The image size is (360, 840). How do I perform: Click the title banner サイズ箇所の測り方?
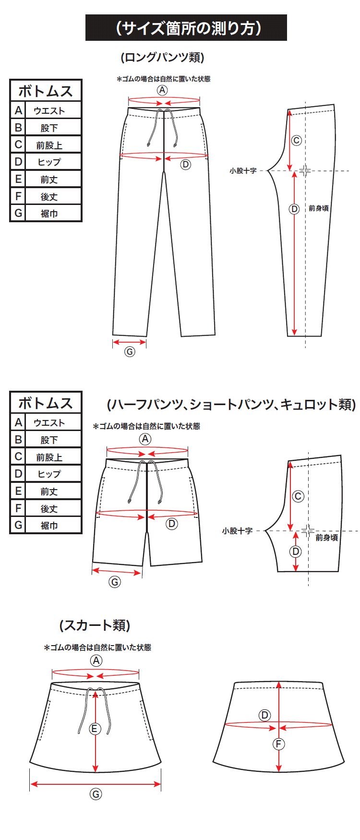click(x=186, y=28)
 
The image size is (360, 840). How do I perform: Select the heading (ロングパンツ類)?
click(x=162, y=58)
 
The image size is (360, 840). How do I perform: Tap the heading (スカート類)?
click(x=95, y=625)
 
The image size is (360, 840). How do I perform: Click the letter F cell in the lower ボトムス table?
click(x=18, y=508)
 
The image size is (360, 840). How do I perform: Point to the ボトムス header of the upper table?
click(x=46, y=91)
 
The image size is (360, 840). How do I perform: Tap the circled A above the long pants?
click(x=162, y=90)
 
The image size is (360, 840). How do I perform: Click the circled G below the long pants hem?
click(x=130, y=351)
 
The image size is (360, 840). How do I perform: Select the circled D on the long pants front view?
click(x=185, y=165)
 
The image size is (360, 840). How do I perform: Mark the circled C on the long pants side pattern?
click(x=297, y=140)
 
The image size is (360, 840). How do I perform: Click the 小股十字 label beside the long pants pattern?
click(x=243, y=170)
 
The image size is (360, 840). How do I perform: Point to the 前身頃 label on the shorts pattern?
click(x=326, y=538)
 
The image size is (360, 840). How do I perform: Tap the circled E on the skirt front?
click(x=95, y=729)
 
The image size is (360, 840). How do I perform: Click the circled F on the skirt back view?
click(x=278, y=744)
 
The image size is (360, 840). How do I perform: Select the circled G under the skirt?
click(x=96, y=794)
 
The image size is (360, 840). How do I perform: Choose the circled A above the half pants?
click(x=145, y=439)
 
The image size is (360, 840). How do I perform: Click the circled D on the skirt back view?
click(x=264, y=715)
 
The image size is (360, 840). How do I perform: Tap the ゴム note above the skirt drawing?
click(x=97, y=648)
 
